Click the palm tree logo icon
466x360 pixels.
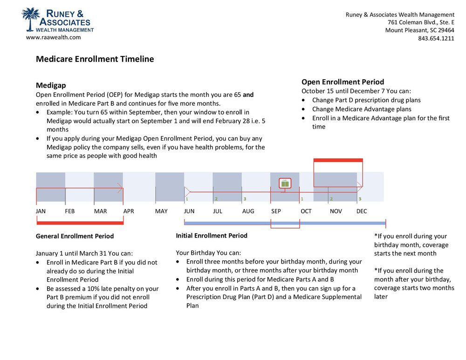tap(31, 19)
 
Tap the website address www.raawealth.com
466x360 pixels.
tap(53, 37)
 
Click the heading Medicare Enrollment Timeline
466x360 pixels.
tap(95, 59)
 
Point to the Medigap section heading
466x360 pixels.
tap(51, 85)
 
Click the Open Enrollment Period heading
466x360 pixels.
tap(343, 82)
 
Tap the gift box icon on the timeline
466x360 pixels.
tap(285, 183)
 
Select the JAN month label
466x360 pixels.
tap(41, 211)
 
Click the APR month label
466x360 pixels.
tap(129, 211)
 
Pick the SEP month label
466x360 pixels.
tap(276, 211)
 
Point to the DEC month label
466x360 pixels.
tap(362, 211)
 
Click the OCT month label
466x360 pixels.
tap(306, 211)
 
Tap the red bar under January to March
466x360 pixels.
tap(80, 223)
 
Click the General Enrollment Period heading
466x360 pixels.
tap(75, 236)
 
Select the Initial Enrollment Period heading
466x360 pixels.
tap(212, 236)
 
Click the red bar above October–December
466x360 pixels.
tap(338, 160)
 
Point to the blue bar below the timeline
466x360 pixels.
tap(326, 223)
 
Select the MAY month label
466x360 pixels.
tap(161, 211)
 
